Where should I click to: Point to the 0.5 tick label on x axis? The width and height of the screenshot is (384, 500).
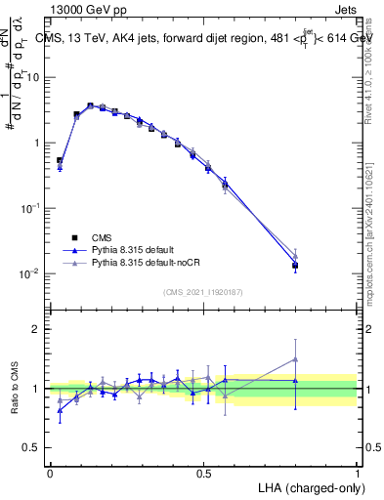203,473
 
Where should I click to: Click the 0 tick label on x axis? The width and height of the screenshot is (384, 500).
50,473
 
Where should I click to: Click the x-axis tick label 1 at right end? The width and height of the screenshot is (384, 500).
357,473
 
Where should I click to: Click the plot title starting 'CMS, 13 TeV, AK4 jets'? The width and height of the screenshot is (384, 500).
205,37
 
